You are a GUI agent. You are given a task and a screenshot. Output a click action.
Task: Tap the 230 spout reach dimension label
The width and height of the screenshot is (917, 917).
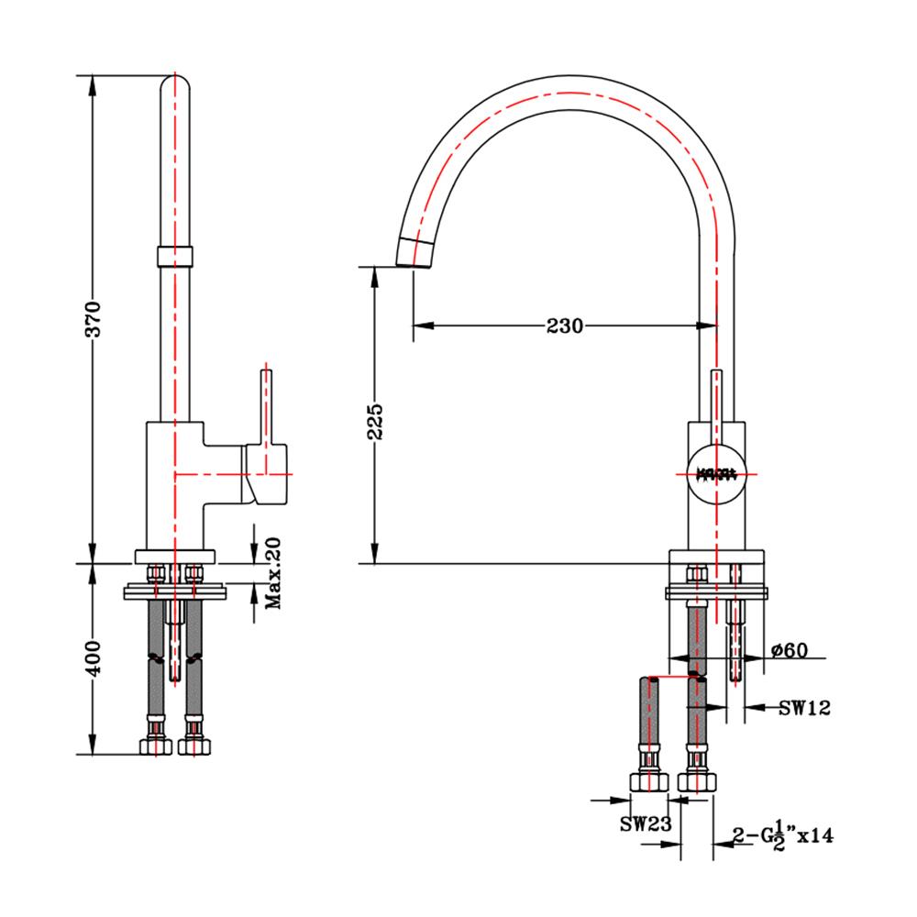click(565, 326)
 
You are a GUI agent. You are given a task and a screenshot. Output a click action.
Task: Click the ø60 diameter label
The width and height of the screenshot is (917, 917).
click(790, 650)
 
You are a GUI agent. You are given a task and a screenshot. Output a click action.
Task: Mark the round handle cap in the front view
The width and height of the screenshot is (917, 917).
click(716, 474)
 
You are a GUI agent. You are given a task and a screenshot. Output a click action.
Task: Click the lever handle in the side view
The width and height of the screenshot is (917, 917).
click(268, 431)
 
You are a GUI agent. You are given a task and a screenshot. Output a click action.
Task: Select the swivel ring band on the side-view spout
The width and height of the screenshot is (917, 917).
click(175, 255)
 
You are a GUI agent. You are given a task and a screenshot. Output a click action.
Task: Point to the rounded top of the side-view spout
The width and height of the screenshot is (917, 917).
click(175, 84)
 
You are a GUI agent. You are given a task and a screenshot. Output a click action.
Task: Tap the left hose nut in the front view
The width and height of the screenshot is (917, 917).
click(649, 781)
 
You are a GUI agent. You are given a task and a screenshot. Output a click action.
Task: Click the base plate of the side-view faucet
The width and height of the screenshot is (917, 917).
click(174, 556)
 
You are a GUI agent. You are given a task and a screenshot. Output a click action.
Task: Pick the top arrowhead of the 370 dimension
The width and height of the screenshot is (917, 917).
click(93, 83)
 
